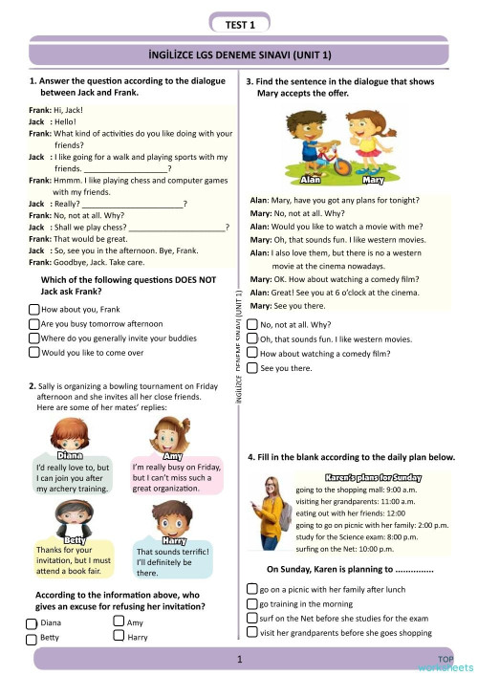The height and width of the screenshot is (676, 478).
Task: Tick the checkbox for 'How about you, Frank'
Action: click(34, 310)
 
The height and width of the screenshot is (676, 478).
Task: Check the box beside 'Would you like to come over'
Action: click(34, 352)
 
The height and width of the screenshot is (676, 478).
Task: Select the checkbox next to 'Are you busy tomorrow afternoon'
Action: click(34, 324)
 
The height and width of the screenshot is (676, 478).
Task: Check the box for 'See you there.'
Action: click(251, 367)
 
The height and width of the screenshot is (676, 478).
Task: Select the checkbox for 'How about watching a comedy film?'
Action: click(251, 353)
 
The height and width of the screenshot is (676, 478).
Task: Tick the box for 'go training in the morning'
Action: click(251, 604)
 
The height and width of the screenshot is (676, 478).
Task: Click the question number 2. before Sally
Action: click(32, 385)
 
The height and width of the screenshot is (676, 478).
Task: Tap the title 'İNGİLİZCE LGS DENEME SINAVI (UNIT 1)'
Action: click(240, 59)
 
